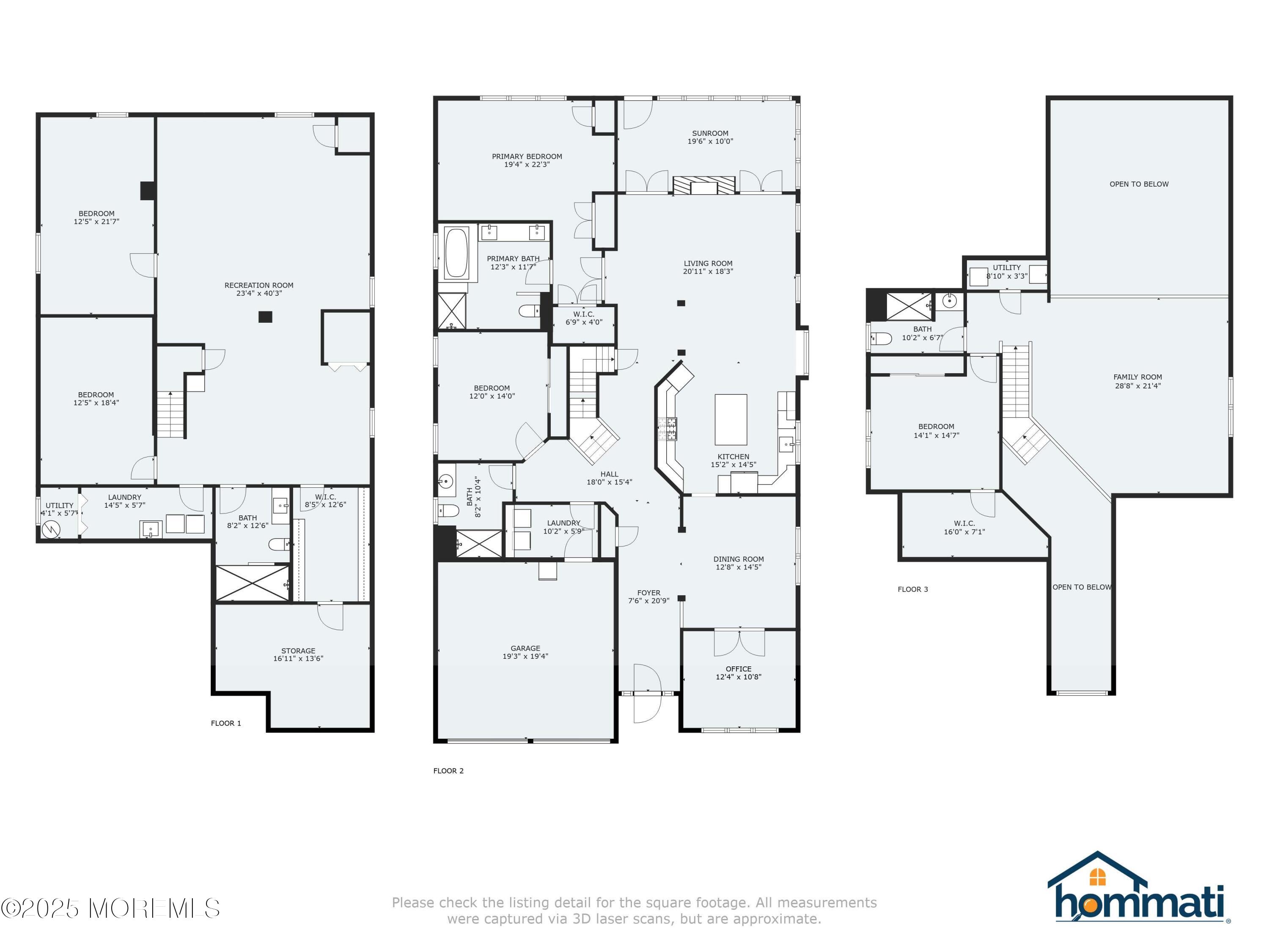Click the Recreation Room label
[259, 285]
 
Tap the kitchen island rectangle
[731, 419]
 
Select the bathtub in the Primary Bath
[457, 253]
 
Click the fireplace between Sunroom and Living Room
[704, 185]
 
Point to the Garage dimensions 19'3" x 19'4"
[525, 656]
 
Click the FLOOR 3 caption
[913, 589]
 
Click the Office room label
[738, 669]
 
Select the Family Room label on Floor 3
[1137, 377]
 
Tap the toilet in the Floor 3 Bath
[881, 338]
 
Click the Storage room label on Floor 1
[298, 651]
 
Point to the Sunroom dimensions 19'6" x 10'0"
[710, 141]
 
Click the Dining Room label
[738, 559]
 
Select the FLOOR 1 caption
[226, 723]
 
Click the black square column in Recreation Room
[265, 317]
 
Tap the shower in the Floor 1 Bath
[253, 583]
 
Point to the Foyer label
[649, 593]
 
